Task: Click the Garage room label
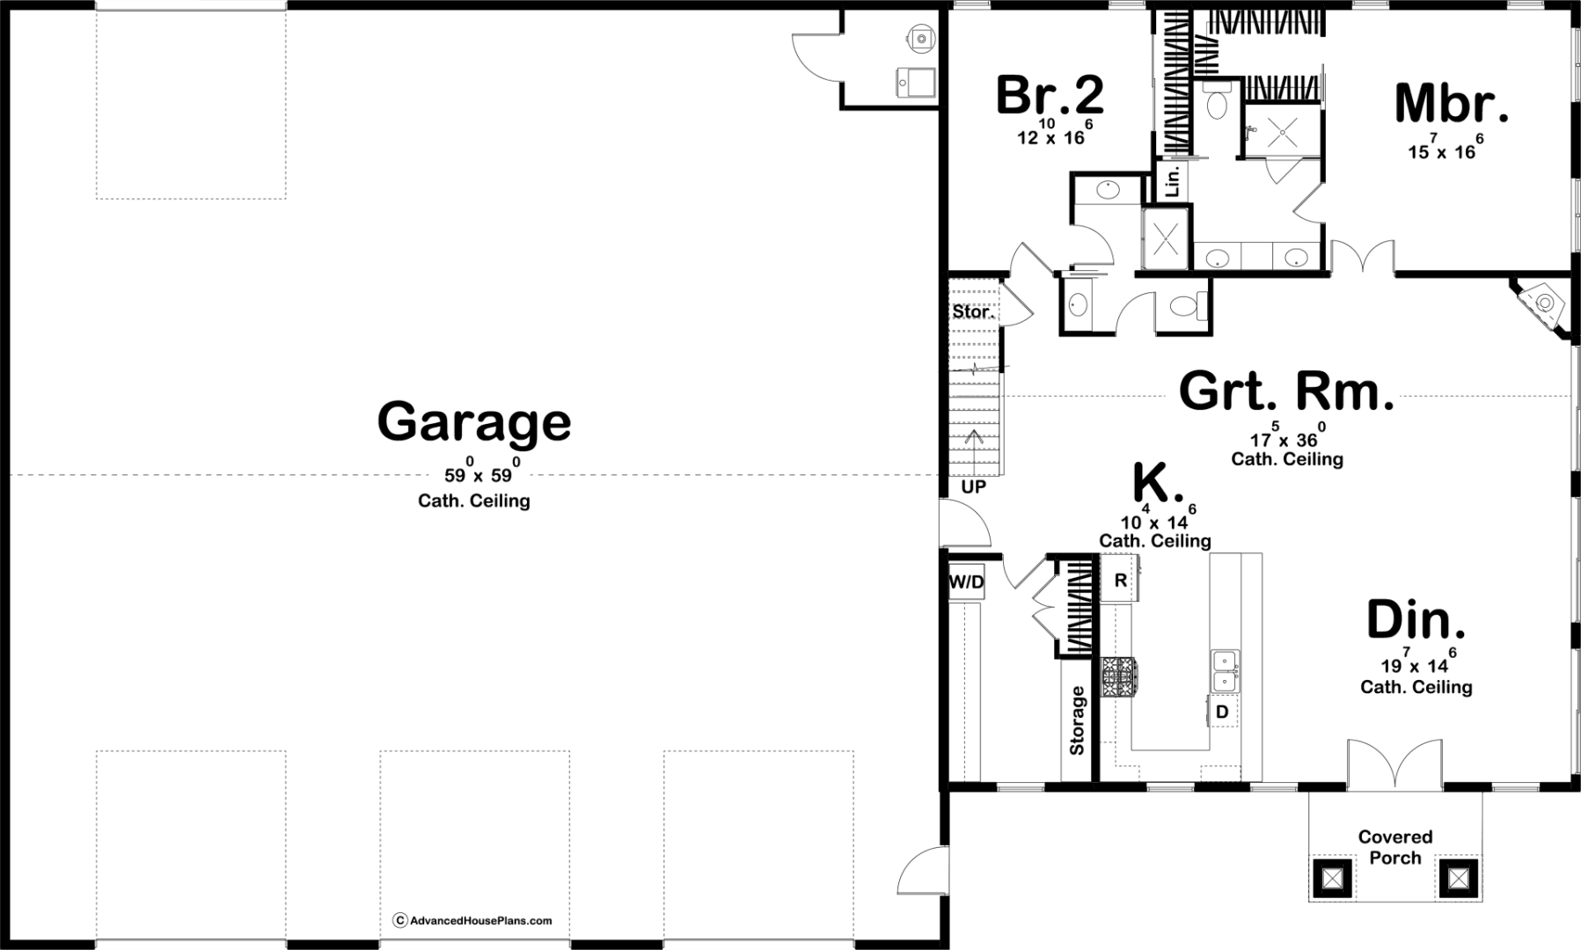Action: (x=474, y=422)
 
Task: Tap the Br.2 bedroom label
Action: (x=1050, y=95)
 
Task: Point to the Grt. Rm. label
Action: (x=1287, y=391)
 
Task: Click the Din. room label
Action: (x=1416, y=620)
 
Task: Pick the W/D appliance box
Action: (x=966, y=582)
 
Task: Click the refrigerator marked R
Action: (x=1120, y=580)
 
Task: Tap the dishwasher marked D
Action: (x=1221, y=711)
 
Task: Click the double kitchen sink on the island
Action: (x=1224, y=671)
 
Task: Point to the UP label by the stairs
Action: (x=974, y=486)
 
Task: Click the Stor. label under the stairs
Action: (x=973, y=311)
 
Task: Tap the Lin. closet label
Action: (x=1172, y=182)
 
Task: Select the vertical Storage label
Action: (x=1078, y=720)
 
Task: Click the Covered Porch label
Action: (x=1395, y=847)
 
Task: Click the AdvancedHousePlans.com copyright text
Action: (x=472, y=920)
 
